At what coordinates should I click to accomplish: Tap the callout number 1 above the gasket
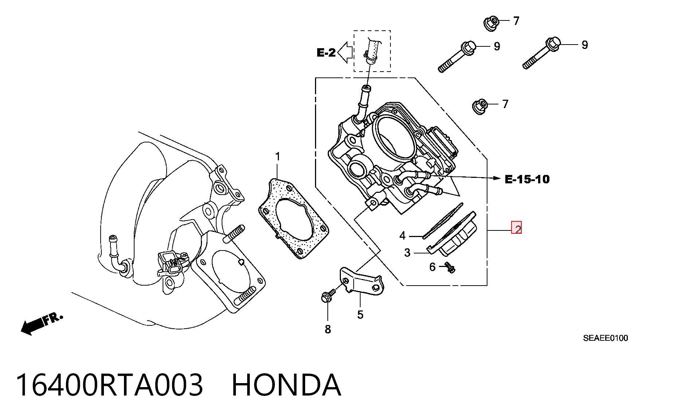[x=278, y=156]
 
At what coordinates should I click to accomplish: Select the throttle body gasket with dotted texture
[x=294, y=218]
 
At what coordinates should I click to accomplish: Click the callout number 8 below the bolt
[x=328, y=329]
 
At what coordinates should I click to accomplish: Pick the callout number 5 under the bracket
[x=360, y=314]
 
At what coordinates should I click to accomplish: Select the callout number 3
[x=407, y=252]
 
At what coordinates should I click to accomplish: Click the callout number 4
[x=402, y=236]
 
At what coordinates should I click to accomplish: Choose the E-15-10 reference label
[x=527, y=179]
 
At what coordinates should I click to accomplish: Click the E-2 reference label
[x=326, y=53]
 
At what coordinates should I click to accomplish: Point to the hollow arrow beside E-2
[x=345, y=52]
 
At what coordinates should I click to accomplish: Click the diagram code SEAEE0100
[x=606, y=338]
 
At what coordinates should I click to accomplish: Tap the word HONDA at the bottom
[x=286, y=385]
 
